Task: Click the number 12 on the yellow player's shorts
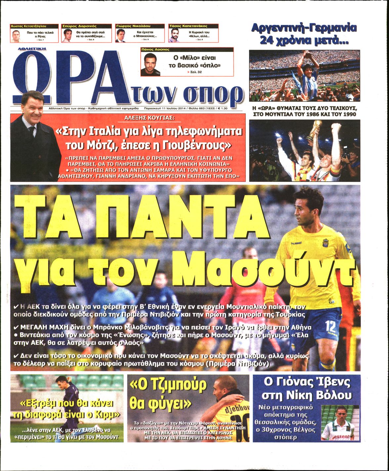[x=330, y=327]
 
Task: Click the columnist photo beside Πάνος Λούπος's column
[x=150, y=64]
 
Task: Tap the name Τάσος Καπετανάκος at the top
[x=188, y=26]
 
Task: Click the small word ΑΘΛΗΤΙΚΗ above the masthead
[x=32, y=48]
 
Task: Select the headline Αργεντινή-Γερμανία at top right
[x=304, y=28]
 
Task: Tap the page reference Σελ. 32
[x=195, y=72]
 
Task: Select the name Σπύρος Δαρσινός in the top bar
[x=79, y=26]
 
